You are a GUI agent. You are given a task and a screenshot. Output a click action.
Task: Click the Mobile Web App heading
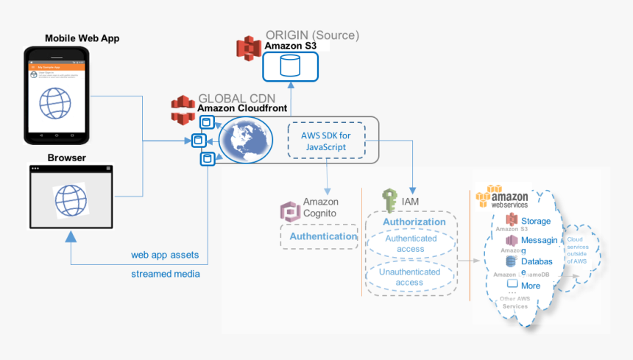(82, 38)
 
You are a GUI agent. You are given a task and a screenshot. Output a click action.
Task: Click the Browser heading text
(67, 158)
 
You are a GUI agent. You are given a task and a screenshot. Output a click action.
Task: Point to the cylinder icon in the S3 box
(290, 67)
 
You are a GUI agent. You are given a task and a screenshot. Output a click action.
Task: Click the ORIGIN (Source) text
(312, 35)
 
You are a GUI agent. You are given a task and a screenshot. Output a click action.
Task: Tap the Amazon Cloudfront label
(242, 109)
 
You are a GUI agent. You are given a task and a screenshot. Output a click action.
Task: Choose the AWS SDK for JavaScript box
(325, 141)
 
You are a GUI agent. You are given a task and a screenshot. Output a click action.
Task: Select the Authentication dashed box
(322, 236)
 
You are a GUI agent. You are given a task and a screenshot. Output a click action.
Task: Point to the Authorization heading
(414, 222)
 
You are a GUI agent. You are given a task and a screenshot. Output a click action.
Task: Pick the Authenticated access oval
(411, 244)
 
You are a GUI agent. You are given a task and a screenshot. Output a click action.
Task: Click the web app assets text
(166, 255)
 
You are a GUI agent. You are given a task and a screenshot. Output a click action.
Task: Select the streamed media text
(166, 274)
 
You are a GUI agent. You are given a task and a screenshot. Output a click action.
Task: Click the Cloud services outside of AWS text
(576, 250)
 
